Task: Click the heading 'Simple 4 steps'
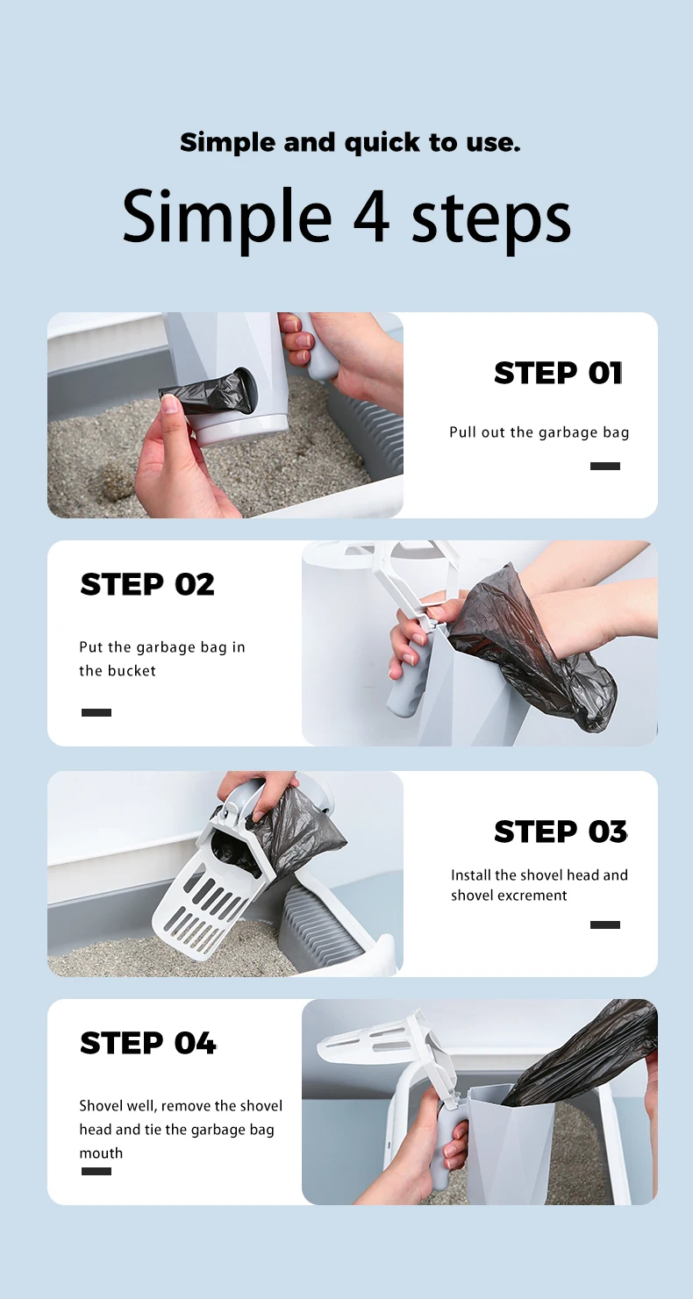[346, 217]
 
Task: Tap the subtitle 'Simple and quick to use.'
[350, 142]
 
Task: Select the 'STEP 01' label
[558, 373]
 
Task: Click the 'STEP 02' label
[147, 584]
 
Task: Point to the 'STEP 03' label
[561, 832]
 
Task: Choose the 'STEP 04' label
[147, 1043]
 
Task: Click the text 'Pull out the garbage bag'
[539, 432]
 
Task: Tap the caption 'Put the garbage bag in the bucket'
[162, 659]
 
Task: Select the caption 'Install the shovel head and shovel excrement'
[539, 885]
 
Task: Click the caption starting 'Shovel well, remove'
[181, 1129]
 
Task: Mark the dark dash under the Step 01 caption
[604, 467]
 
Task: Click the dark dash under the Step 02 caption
[96, 713]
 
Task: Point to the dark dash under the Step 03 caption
[604, 924]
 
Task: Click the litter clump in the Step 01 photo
[113, 480]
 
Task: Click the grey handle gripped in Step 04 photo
[453, 1140]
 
